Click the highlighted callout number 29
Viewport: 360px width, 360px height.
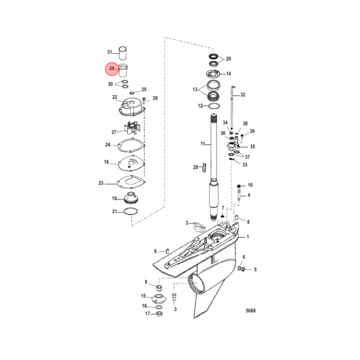[111, 68]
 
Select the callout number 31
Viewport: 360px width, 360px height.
[110, 52]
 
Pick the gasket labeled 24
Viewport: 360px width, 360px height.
[131, 146]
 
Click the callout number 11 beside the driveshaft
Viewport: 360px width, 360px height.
[203, 144]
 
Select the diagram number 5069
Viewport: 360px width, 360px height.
[250, 311]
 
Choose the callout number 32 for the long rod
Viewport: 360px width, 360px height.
[243, 94]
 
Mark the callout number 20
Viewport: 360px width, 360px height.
[228, 59]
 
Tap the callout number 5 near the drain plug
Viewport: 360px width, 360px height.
[255, 269]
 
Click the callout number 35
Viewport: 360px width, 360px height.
[252, 147]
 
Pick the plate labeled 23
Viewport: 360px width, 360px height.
[129, 182]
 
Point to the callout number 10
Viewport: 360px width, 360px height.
[250, 184]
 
